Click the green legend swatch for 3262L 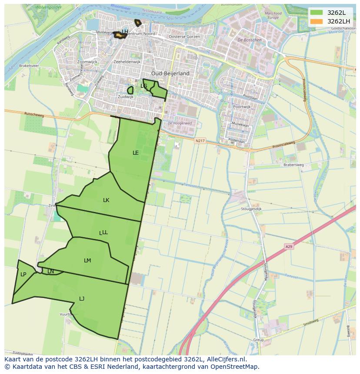coord(317,13)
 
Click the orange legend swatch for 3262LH coord(317,21)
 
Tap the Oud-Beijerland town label coord(170,73)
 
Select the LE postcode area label coord(136,153)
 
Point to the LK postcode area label coord(106,200)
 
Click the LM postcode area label coord(87,261)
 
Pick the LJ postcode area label coord(82,298)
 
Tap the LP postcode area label coord(23,275)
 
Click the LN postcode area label coord(50,271)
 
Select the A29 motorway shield coord(289,247)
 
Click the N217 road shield coord(200,141)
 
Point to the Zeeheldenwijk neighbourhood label coord(127,62)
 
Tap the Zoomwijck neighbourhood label coord(87,62)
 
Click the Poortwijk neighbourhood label coord(242,106)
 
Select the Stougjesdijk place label coord(251,209)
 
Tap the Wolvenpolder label coord(49,7)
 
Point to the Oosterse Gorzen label coord(184,37)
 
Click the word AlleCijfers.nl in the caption coord(227,359)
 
